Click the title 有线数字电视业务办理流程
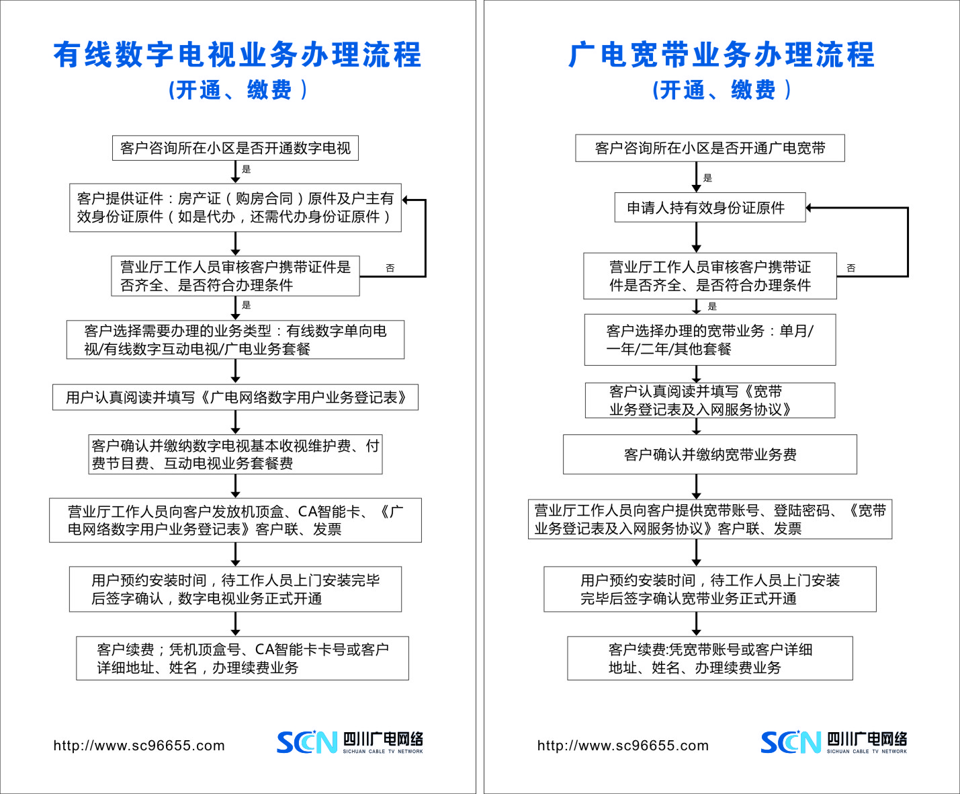point(237,55)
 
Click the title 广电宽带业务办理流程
point(722,55)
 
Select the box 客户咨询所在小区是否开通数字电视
point(235,148)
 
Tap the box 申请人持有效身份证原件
point(710,208)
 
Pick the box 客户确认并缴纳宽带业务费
point(710,454)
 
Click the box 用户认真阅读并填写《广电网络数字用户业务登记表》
point(235,397)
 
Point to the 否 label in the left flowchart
point(390,268)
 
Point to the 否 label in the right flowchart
point(851,268)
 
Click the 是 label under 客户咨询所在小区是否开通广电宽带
point(707,178)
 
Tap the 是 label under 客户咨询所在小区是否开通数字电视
point(247,169)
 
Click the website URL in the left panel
point(139,746)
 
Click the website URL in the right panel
point(623,746)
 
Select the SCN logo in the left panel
point(306,742)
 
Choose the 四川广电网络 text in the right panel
point(867,739)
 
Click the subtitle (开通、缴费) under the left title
point(237,90)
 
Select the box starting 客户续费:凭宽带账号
point(710,658)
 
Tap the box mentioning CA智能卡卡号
point(243,658)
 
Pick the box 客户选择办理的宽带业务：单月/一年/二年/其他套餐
point(710,340)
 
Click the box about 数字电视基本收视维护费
point(235,454)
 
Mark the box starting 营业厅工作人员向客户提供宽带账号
point(710,519)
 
